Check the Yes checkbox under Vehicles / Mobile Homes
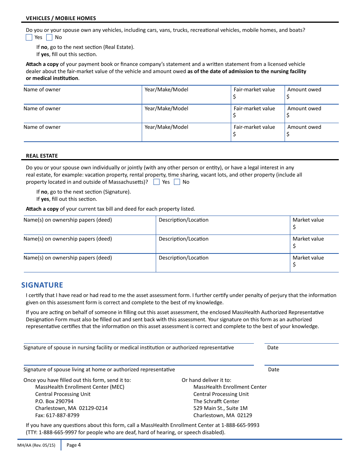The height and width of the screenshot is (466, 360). (29, 38)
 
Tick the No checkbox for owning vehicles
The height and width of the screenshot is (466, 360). (49, 38)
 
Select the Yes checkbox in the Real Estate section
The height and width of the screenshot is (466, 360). (157, 182)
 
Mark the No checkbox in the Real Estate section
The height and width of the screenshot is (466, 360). (177, 182)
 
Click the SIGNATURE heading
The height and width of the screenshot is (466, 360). (42, 285)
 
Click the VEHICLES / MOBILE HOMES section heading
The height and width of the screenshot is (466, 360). (61, 18)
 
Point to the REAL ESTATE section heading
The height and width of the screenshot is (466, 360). (42, 156)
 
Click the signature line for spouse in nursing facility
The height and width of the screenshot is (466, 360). (139, 339)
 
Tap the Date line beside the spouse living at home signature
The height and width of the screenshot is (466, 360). (301, 361)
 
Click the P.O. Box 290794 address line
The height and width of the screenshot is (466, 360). (54, 401)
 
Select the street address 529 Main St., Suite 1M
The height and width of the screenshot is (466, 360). (220, 408)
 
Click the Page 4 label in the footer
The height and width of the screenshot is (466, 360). (74, 445)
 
